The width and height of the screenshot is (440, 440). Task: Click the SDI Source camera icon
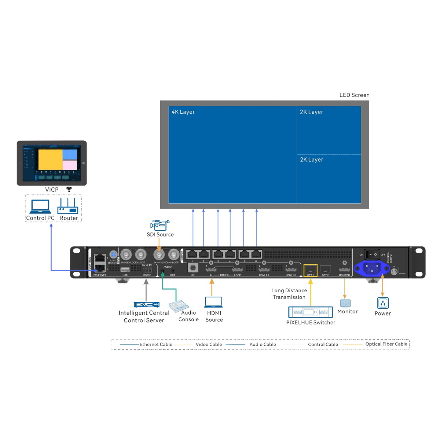click(x=160, y=225)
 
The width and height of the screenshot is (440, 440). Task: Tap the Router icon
click(x=68, y=206)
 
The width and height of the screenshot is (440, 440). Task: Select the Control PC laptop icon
click(x=40, y=206)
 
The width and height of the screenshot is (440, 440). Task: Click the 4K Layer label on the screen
click(x=183, y=112)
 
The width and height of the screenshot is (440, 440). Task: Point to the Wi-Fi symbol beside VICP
click(x=69, y=189)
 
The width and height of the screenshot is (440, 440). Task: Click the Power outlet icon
click(x=382, y=303)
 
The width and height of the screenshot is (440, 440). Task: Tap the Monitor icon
click(x=345, y=304)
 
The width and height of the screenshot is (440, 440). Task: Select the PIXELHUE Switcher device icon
click(x=310, y=312)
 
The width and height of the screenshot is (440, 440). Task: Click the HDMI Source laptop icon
click(x=213, y=302)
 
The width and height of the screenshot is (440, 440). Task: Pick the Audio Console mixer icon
click(x=179, y=305)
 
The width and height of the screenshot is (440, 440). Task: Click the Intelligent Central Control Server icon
click(x=147, y=304)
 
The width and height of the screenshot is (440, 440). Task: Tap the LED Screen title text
click(x=354, y=95)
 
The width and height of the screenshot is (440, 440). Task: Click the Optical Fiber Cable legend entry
click(x=386, y=344)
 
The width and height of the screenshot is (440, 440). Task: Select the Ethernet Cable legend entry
click(x=155, y=344)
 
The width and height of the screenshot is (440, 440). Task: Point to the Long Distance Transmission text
click(x=289, y=294)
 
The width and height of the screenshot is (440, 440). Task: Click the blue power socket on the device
click(x=372, y=268)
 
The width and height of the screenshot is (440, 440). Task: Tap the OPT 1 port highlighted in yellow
click(x=310, y=269)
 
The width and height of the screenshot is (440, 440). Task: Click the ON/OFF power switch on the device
click(x=372, y=254)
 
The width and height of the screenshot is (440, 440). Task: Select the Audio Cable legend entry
click(x=263, y=344)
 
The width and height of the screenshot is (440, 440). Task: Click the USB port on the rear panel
click(x=125, y=269)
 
